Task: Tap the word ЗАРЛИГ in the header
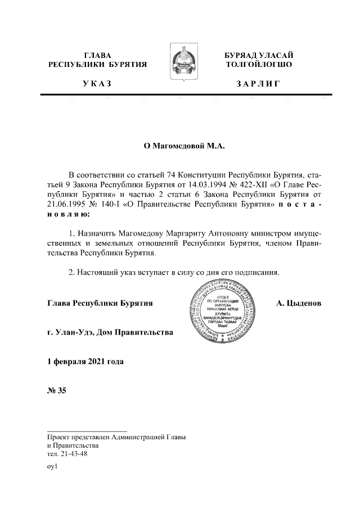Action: [258, 84]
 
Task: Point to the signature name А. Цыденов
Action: [299, 303]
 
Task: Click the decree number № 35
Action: [57, 391]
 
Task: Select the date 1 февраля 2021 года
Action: [85, 361]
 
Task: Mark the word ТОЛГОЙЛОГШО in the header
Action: [258, 65]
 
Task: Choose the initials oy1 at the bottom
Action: [53, 467]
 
